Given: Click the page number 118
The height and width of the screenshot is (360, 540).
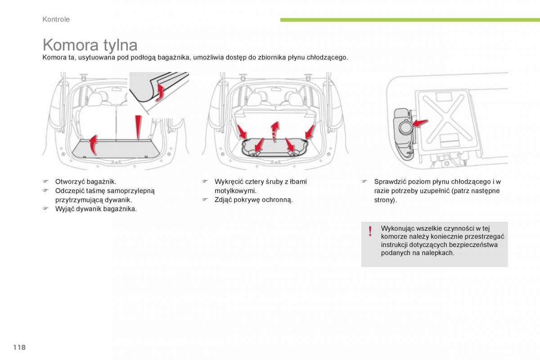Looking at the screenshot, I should tap(19, 347).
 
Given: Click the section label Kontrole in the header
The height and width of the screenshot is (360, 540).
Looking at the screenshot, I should tap(56, 19).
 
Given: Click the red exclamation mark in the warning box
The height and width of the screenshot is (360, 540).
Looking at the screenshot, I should tap(370, 231).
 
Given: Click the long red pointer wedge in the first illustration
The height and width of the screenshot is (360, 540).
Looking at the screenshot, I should tap(139, 127).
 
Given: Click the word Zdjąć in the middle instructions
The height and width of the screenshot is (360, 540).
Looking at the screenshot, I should tap(224, 200).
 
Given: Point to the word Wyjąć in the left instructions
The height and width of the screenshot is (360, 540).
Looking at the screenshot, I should tap(64, 209).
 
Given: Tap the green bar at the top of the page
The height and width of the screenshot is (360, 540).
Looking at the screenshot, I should tap(409, 20).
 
